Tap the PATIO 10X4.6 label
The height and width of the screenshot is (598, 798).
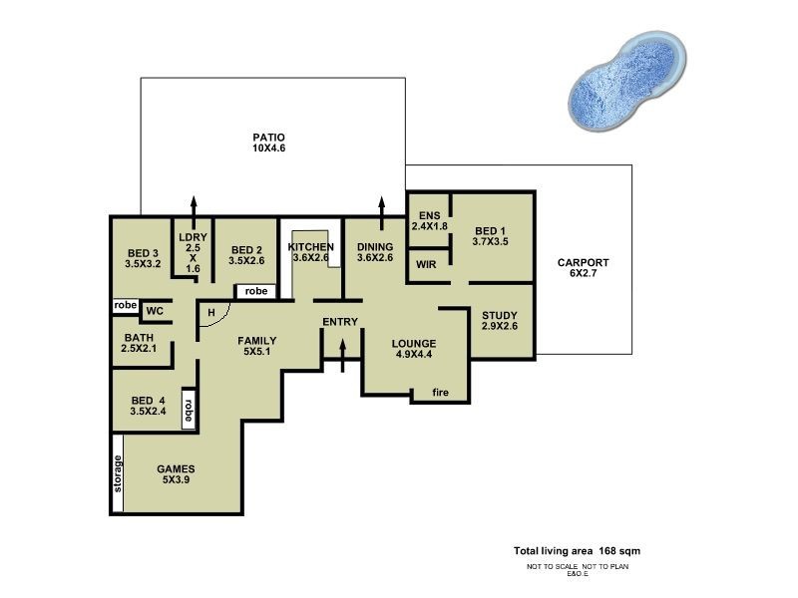click(268, 143)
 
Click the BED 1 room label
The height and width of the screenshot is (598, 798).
click(490, 235)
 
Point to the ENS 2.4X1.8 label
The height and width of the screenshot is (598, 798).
click(430, 220)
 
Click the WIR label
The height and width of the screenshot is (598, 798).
click(426, 265)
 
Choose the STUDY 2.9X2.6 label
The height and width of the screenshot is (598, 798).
click(499, 320)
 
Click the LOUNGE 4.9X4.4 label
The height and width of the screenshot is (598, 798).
click(413, 350)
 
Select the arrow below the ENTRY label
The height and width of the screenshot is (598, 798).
click(343, 354)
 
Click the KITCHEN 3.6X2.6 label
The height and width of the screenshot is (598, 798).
click(311, 251)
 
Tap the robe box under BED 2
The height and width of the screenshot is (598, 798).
click(256, 291)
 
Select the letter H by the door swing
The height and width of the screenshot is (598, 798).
click(211, 312)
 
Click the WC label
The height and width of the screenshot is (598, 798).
click(155, 311)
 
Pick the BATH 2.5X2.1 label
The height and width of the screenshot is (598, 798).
click(140, 343)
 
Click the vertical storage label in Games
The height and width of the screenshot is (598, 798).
click(118, 473)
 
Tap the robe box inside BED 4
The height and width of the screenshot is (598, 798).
click(188, 408)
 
